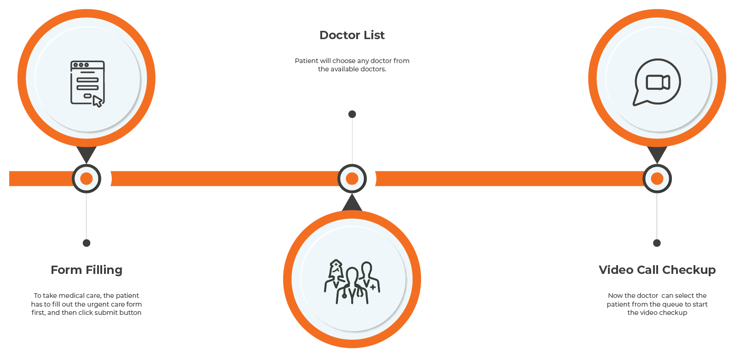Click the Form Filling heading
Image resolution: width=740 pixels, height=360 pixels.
tap(87, 270)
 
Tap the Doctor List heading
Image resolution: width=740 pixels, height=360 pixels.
tap(352, 35)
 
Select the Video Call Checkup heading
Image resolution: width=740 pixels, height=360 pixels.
tap(657, 270)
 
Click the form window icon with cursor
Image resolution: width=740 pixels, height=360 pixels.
tap(87, 83)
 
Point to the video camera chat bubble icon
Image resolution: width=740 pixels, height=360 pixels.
tap(657, 82)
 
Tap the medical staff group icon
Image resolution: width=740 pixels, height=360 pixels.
tap(352, 282)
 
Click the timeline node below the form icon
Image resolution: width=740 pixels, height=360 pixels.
tap(87, 179)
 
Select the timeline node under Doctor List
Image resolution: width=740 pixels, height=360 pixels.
tap(352, 179)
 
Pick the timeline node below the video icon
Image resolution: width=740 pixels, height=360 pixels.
tap(657, 179)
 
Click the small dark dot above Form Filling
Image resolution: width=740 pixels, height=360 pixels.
tap(87, 243)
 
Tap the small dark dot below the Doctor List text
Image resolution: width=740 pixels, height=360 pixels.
tap(352, 114)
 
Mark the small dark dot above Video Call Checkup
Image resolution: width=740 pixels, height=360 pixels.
tap(657, 243)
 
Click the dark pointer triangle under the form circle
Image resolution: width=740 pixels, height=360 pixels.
tap(87, 153)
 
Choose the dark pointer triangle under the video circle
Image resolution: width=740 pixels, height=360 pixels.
tap(657, 153)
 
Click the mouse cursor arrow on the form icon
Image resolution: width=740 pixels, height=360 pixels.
tap(98, 101)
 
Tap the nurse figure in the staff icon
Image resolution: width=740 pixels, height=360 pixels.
tap(335, 276)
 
